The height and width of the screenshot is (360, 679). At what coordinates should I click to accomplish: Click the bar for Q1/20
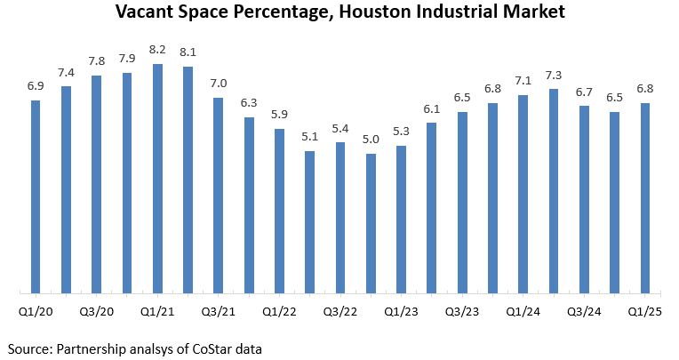coord(36,196)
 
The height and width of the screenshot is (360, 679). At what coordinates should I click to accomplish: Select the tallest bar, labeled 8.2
coord(157,178)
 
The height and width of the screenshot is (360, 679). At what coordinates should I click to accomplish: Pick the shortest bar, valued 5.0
coord(371,222)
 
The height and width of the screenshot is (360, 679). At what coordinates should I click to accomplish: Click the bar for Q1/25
coord(645,196)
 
